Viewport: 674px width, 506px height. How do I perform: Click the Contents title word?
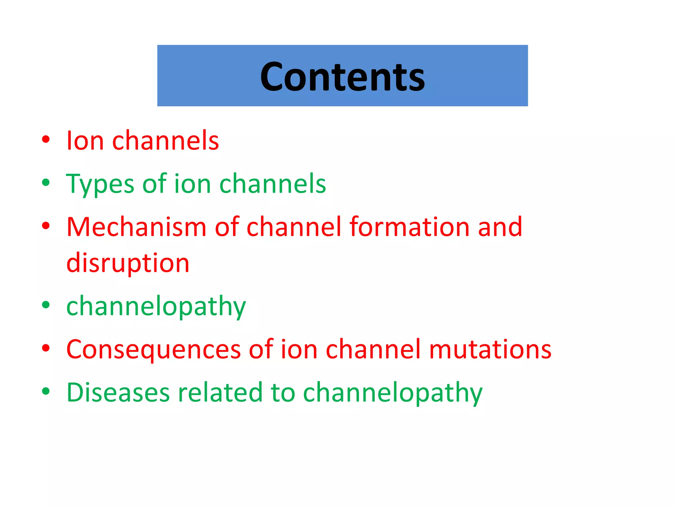click(x=342, y=77)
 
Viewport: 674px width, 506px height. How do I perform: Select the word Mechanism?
click(x=136, y=227)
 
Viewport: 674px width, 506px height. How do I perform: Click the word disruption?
click(x=128, y=263)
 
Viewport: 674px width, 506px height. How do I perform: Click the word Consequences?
click(x=153, y=350)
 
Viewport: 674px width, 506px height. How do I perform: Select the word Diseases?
click(x=118, y=393)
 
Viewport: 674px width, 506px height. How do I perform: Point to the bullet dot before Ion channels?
click(x=46, y=139)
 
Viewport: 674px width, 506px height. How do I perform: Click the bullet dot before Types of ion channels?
click(x=46, y=183)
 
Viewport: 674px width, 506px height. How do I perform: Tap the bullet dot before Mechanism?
click(x=46, y=226)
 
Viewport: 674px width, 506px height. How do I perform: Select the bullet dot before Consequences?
click(x=46, y=348)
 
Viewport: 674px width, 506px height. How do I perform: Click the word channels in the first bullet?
click(x=166, y=141)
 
